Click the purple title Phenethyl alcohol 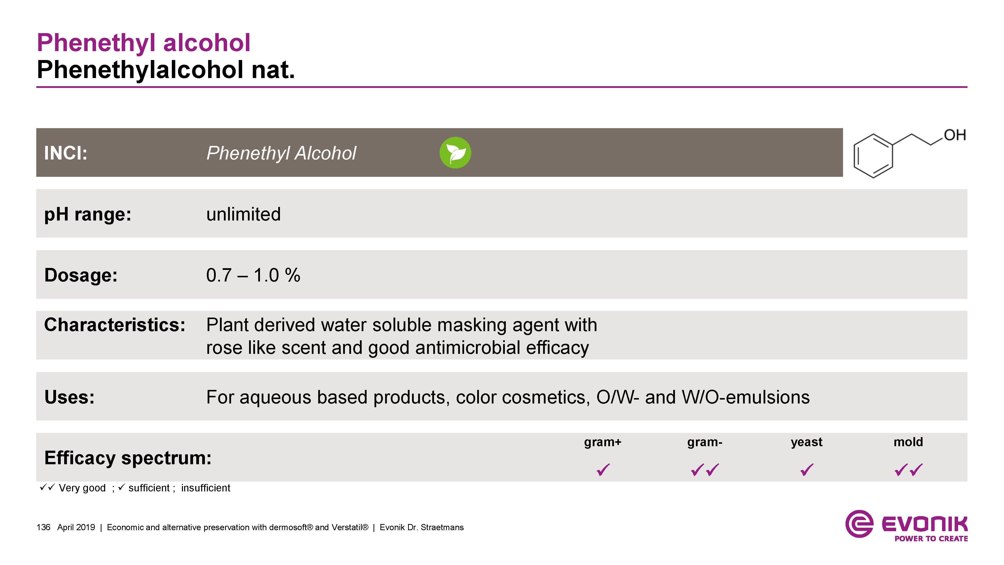[143, 43]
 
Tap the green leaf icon [455, 152]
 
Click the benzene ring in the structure [873, 156]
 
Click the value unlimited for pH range [243, 214]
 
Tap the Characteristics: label [115, 325]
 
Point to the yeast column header [807, 442]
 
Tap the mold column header [908, 442]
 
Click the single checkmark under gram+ [603, 469]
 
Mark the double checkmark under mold [908, 469]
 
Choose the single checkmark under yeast [807, 469]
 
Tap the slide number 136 [43, 527]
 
